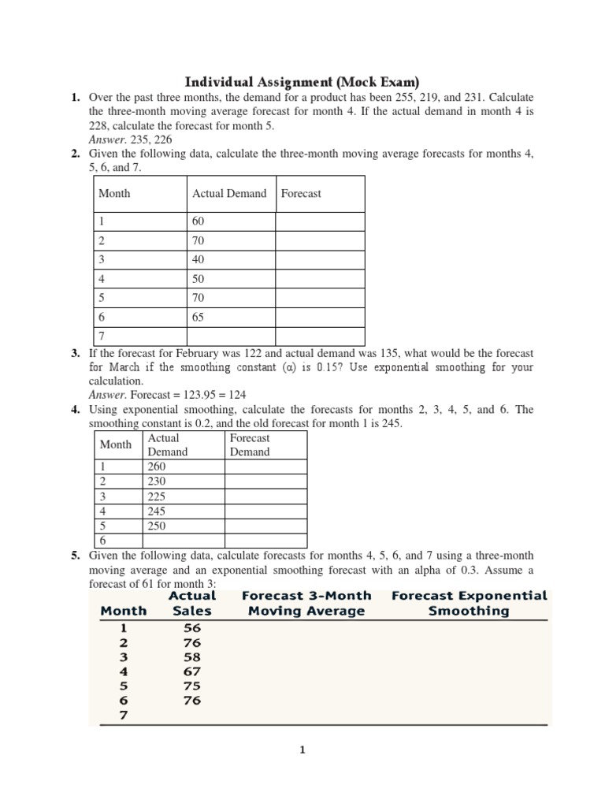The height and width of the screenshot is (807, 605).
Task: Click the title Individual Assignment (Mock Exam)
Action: (302, 82)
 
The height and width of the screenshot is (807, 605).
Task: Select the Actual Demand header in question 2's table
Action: (229, 193)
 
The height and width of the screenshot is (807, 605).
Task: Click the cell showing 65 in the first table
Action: (198, 317)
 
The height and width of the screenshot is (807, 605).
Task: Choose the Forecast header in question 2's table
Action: (301, 193)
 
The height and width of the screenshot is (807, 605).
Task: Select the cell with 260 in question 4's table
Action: (158, 466)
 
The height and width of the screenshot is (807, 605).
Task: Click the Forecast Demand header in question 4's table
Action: (250, 444)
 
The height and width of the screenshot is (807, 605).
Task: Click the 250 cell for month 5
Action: (158, 526)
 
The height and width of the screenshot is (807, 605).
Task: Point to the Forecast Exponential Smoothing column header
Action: (469, 603)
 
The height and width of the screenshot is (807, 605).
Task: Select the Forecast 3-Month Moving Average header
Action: (306, 603)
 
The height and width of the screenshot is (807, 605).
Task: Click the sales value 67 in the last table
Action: (192, 671)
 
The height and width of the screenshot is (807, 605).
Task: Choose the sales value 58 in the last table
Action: (192, 656)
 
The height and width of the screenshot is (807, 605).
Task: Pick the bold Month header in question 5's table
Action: (123, 611)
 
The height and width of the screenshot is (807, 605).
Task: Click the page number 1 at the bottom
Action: (302, 750)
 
